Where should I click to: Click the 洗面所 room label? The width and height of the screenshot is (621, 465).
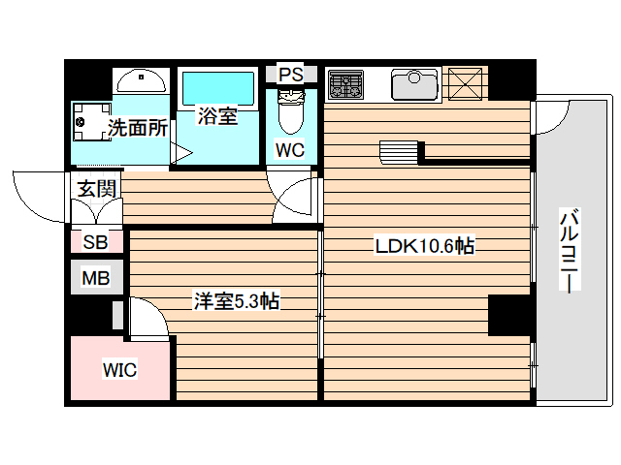click(138, 127)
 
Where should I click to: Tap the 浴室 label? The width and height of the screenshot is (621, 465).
click(217, 117)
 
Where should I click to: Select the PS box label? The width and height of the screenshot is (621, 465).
click(290, 75)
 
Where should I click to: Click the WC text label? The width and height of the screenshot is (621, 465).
click(290, 150)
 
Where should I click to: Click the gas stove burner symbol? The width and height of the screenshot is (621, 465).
click(343, 84)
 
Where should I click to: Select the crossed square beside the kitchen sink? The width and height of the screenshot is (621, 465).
click(468, 83)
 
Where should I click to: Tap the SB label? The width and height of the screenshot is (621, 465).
click(95, 242)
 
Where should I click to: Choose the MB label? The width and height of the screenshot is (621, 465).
click(95, 279)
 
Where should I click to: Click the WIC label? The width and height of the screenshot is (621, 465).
click(120, 369)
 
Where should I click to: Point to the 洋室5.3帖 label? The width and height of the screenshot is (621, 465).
click(236, 302)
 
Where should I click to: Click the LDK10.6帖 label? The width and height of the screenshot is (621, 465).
click(425, 246)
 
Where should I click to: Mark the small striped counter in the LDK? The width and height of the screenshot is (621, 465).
click(398, 153)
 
